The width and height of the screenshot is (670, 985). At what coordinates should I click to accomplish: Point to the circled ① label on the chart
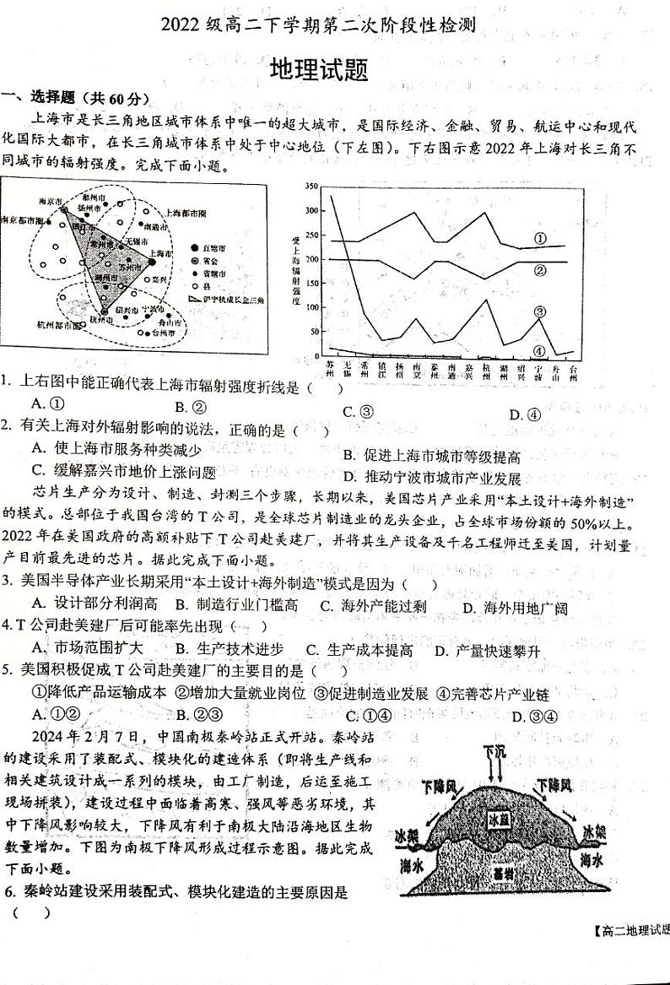pos(540,239)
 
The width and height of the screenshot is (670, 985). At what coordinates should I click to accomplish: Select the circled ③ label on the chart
pos(539,311)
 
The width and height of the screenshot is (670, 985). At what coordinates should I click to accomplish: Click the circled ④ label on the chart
pos(539,350)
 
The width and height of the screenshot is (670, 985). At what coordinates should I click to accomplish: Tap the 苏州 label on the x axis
pos(330,370)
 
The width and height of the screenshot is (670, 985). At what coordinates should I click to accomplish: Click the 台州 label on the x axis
pos(573,371)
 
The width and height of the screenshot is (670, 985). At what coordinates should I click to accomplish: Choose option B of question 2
pos(431,456)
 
